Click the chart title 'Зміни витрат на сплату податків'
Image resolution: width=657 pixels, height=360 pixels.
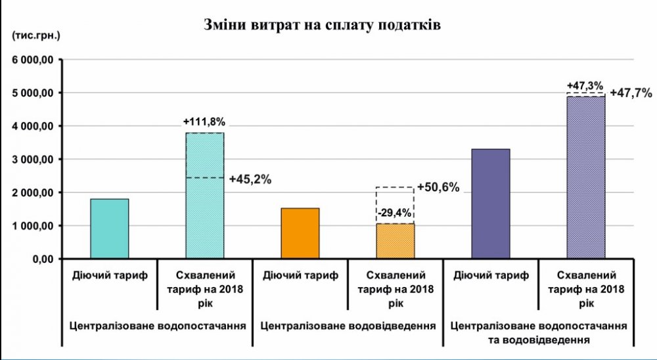[321, 26]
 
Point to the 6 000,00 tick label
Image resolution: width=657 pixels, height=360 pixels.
[32, 60]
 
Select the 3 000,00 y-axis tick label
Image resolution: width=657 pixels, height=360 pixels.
[32, 160]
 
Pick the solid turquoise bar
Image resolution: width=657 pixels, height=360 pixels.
[110, 229]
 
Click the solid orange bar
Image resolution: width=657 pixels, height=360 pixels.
[300, 233]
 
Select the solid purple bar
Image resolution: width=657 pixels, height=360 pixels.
[491, 204]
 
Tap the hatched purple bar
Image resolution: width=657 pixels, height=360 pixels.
[585, 177]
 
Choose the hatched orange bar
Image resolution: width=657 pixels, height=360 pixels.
[395, 241]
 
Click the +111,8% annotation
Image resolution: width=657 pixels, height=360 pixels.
[205, 122]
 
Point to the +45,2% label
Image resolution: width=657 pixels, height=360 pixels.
[250, 178]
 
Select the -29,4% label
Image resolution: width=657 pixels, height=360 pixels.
[395, 212]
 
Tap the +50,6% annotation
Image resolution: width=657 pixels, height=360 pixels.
[438, 187]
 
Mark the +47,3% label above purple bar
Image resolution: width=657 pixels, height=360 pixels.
[585, 86]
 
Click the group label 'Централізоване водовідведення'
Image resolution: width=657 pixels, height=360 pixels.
[349, 325]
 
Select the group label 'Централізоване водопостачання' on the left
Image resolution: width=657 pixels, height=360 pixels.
[157, 325]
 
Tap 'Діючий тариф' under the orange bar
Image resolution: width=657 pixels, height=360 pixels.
[300, 275]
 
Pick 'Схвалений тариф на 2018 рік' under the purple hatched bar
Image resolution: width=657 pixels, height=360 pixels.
[585, 289]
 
